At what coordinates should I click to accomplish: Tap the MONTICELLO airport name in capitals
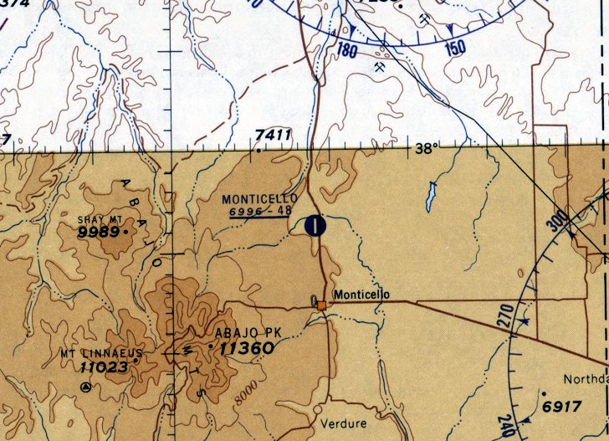point(259,199)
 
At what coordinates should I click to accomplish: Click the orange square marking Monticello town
point(321,306)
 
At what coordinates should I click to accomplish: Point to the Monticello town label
point(361,295)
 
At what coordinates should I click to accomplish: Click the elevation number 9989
point(99,233)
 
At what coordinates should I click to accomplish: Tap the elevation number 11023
point(105,367)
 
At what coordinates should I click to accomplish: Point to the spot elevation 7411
point(274,135)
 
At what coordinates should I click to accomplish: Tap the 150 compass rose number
point(454,48)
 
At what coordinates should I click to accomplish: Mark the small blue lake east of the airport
point(431,197)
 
